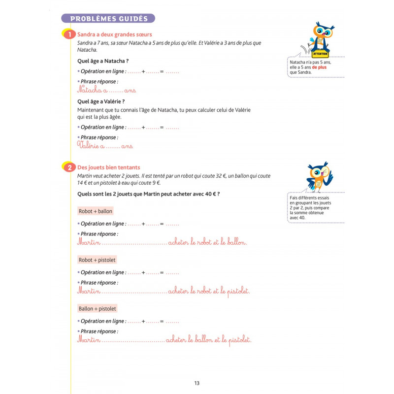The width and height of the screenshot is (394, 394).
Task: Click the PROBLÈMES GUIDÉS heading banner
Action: pyautogui.click(x=108, y=19)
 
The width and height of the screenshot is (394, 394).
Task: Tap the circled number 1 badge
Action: pyautogui.click(x=70, y=34)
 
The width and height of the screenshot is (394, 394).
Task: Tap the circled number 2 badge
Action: pyautogui.click(x=70, y=167)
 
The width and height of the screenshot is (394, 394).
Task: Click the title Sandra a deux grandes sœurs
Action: pyautogui.click(x=115, y=34)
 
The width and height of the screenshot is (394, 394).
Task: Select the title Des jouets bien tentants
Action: pyautogui.click(x=108, y=167)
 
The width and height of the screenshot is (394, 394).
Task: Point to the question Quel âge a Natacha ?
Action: pyautogui.click(x=103, y=62)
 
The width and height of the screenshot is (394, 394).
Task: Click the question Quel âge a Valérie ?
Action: pyautogui.click(x=101, y=101)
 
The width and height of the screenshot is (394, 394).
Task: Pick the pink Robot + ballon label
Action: pyautogui.click(x=96, y=211)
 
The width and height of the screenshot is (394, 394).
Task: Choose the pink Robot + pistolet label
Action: pyautogui.click(x=97, y=260)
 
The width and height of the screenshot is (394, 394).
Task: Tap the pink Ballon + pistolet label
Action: pyautogui.click(x=98, y=308)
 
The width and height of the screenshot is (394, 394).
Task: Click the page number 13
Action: pyautogui.click(x=197, y=383)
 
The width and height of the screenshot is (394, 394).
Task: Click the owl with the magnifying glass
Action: pyautogui.click(x=319, y=176)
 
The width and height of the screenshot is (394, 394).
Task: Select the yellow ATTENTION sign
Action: pyautogui.click(x=321, y=53)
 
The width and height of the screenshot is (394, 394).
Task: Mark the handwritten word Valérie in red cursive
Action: pyautogui.click(x=91, y=146)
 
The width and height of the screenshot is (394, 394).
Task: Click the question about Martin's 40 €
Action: pyautogui.click(x=149, y=194)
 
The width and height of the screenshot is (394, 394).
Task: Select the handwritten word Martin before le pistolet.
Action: pyautogui.click(x=89, y=292)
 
